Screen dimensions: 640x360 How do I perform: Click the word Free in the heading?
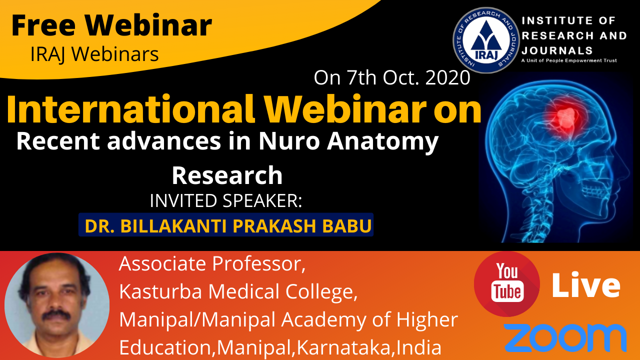pyautogui.click(x=43, y=25)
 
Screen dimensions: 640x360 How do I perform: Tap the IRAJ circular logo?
pyautogui.click(x=486, y=40)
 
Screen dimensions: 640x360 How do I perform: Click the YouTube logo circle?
pyautogui.click(x=507, y=283)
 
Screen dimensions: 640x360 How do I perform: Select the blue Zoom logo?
pyautogui.click(x=565, y=338)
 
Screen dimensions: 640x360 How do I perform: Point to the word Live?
pyautogui.click(x=585, y=285)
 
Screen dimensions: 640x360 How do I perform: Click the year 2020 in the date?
pyautogui.click(x=447, y=77)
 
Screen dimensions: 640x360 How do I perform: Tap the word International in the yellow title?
pyautogui.click(x=130, y=109)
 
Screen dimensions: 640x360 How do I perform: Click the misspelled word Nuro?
pyautogui.click(x=289, y=141)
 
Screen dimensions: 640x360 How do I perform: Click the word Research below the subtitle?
pyautogui.click(x=227, y=175)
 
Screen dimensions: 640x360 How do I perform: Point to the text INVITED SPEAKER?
pyautogui.click(x=226, y=200)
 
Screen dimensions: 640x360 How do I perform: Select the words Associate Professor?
pyautogui.click(x=212, y=263)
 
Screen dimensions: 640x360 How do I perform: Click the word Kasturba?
pyautogui.click(x=160, y=291)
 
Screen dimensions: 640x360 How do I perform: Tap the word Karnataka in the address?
pyautogui.click(x=343, y=347)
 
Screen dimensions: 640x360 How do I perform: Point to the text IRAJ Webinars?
pyautogui.click(x=94, y=54)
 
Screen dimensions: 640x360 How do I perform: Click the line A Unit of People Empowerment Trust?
pyautogui.click(x=569, y=60)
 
